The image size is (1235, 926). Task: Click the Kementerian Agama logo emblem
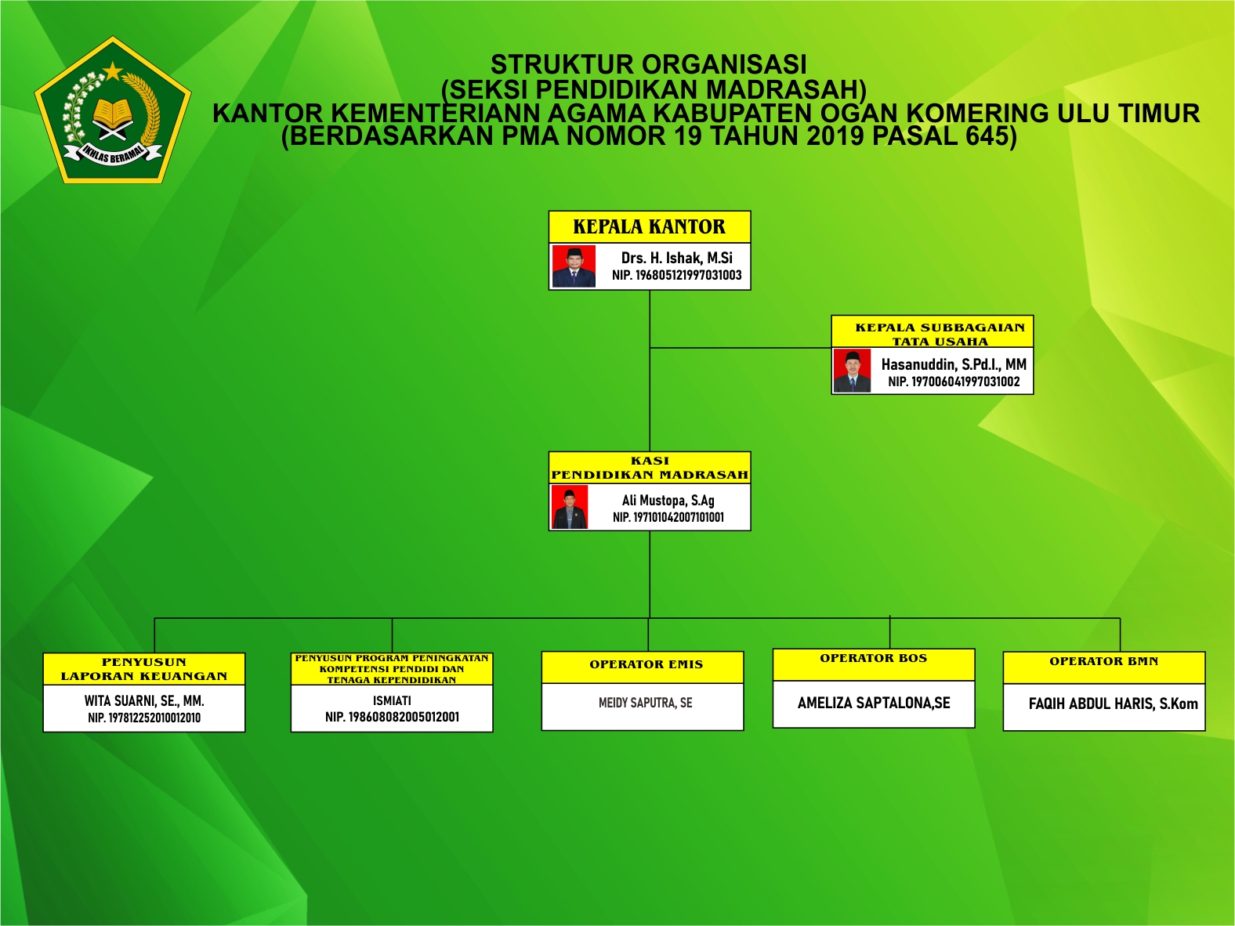(x=113, y=111)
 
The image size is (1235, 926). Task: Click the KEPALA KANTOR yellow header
(x=650, y=227)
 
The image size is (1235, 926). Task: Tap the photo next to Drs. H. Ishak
(x=574, y=266)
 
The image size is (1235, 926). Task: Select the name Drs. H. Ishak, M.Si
(x=676, y=258)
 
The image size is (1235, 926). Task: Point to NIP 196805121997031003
(x=676, y=275)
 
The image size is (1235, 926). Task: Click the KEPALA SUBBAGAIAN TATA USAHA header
(x=940, y=334)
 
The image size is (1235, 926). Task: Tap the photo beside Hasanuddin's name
(x=852, y=371)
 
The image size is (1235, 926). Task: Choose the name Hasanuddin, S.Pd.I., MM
(x=954, y=364)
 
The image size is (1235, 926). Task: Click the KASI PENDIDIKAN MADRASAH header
(x=650, y=468)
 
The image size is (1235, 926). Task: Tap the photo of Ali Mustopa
(x=570, y=507)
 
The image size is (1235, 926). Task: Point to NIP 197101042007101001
(x=668, y=517)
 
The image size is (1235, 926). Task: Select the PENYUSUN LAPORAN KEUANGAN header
(x=144, y=669)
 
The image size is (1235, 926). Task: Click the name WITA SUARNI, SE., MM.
(x=144, y=700)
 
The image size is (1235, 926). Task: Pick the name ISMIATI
(x=392, y=700)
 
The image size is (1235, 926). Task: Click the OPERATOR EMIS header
(x=646, y=665)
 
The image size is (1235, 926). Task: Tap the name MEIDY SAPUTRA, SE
(x=646, y=703)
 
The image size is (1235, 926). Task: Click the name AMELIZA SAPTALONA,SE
(x=874, y=703)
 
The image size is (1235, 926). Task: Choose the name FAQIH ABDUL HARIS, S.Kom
(x=1113, y=704)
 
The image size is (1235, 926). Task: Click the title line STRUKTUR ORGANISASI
(x=649, y=64)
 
